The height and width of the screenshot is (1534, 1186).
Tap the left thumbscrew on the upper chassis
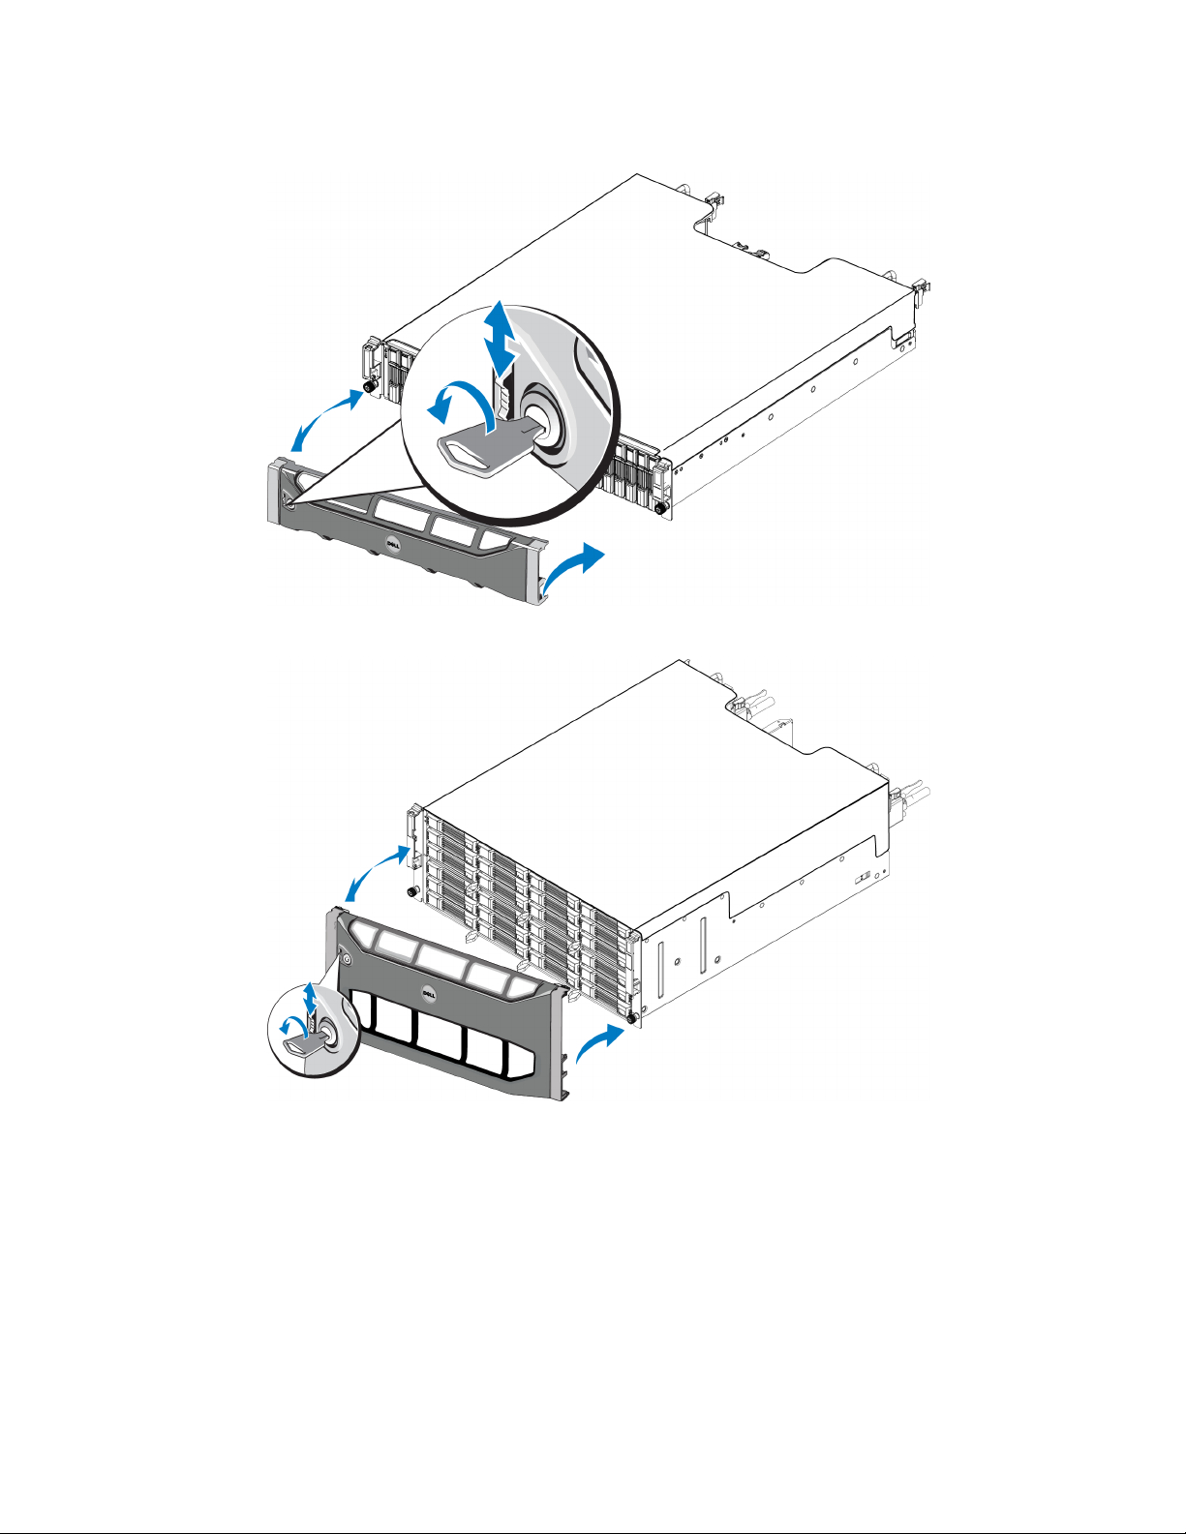pyautogui.click(x=368, y=387)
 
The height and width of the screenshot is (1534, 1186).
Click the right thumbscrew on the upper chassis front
pyautogui.click(x=661, y=506)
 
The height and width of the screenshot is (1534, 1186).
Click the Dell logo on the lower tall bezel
pyautogui.click(x=428, y=993)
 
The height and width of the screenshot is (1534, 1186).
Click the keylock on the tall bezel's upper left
pyautogui.click(x=346, y=959)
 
